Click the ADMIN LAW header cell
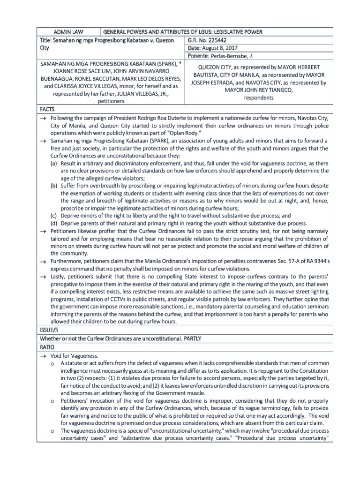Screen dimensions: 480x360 [x=68, y=31]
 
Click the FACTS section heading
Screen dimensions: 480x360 [x=48, y=109]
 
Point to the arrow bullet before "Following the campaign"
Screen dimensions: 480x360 [x=44, y=118]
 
